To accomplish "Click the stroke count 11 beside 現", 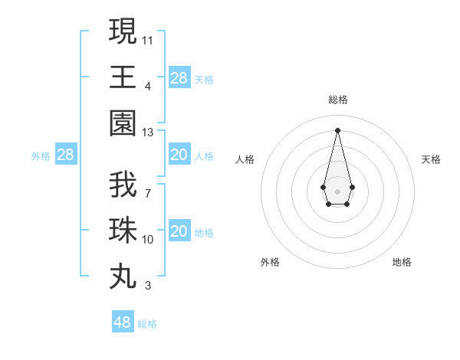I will pos(148,39).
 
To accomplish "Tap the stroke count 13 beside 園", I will pos(148,133).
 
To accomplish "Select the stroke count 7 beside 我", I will pos(148,193).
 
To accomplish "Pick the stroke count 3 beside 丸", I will pos(148,286).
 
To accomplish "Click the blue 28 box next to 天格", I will pos(179,78).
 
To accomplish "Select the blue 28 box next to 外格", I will pos(65,155).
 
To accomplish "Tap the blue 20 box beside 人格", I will pos(179,155).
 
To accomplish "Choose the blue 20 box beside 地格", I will pos(179,232).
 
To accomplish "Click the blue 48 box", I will pos(122,322).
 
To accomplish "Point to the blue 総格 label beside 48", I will pos(147,324).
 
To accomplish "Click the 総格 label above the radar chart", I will pos(337,100).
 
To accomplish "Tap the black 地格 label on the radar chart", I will pos(402,262).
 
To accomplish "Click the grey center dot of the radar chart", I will pos(337,190).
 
